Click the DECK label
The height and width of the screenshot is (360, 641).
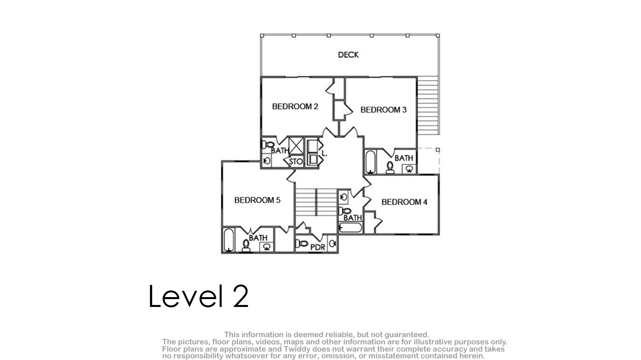[x=348, y=55]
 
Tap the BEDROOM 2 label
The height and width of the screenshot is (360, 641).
[x=295, y=107]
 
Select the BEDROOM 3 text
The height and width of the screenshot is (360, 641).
[x=383, y=110]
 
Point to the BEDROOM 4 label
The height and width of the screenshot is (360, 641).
[x=404, y=202]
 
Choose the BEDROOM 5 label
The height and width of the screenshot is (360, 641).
[x=257, y=200]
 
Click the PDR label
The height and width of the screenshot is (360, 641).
[x=318, y=247]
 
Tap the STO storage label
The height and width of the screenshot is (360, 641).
[x=296, y=162]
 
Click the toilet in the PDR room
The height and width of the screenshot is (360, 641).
[x=302, y=244]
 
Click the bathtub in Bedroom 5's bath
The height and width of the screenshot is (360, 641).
[x=228, y=240]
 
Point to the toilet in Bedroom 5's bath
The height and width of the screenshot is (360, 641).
[x=246, y=246]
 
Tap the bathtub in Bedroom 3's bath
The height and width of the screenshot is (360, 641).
[x=370, y=162]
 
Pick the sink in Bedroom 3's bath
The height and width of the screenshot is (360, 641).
[x=409, y=169]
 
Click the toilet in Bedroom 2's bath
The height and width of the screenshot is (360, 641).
[x=268, y=145]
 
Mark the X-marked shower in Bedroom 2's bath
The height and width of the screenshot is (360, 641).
[x=296, y=146]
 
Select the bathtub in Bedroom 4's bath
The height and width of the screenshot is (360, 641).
[x=350, y=228]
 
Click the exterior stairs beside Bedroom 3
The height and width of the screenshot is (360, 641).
[x=428, y=105]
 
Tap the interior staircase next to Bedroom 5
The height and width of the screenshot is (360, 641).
[x=316, y=202]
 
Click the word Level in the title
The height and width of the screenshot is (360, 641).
[x=186, y=296]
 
